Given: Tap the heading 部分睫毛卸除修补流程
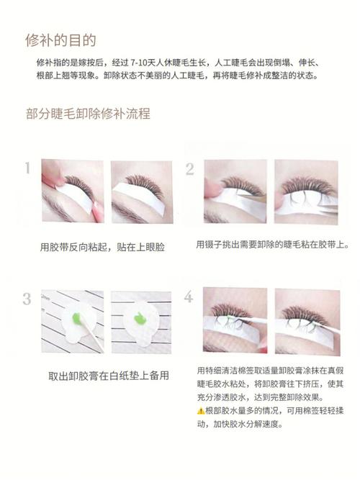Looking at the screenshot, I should click(x=87, y=114).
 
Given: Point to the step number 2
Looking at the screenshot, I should click(x=190, y=169).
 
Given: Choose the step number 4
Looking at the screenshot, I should click(x=189, y=297).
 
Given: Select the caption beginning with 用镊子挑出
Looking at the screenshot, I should click(x=272, y=245).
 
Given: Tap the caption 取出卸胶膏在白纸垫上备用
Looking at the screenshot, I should click(x=109, y=376).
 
